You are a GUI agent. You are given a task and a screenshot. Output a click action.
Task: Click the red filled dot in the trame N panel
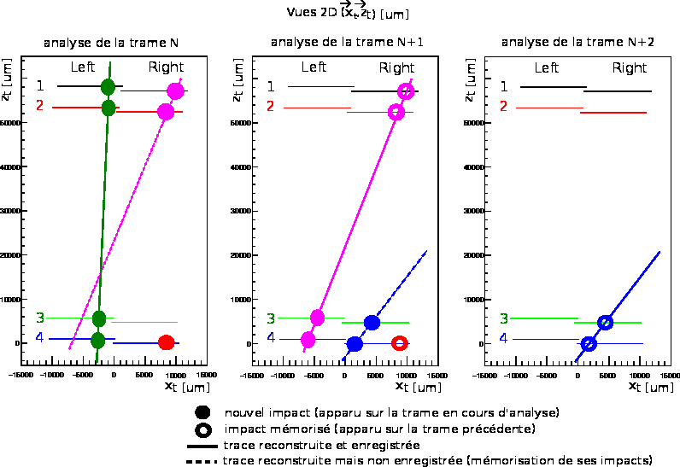pyautogui.click(x=167, y=342)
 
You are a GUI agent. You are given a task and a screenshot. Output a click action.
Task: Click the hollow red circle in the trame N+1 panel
pyautogui.click(x=399, y=343)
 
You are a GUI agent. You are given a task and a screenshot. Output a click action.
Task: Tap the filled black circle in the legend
pyautogui.click(x=202, y=412)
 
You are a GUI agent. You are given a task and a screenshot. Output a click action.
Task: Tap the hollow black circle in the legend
pyautogui.click(x=202, y=429)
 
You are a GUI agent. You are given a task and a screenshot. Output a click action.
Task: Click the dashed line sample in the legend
pyautogui.click(x=202, y=461)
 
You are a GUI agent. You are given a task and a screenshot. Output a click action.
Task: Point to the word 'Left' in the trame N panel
pyautogui.click(x=83, y=67)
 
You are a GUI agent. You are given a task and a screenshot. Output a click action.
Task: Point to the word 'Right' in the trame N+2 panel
pyautogui.click(x=630, y=68)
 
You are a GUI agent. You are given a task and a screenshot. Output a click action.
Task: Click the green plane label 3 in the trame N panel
pyautogui.click(x=39, y=318)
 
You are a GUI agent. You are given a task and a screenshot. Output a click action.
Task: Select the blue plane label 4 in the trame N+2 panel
pyautogui.click(x=503, y=338)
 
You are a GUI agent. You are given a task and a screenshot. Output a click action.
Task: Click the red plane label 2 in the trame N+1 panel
pyautogui.click(x=271, y=106)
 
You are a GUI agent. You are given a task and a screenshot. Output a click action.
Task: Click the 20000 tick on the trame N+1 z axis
pyautogui.click(x=242, y=255)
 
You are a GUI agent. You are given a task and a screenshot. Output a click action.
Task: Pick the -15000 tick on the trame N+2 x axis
pyautogui.click(x=484, y=375)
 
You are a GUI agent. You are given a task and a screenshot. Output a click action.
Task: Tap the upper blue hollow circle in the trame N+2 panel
pyautogui.click(x=605, y=322)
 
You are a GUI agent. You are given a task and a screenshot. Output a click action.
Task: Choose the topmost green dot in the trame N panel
pyautogui.click(x=108, y=87)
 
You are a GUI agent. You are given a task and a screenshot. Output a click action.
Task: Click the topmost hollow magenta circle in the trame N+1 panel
pyautogui.click(x=407, y=92)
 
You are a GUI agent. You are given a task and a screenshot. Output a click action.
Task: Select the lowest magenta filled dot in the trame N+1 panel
pyautogui.click(x=308, y=340)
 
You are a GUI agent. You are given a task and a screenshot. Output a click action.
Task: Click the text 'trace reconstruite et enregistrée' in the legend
pyautogui.click(x=320, y=445)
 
